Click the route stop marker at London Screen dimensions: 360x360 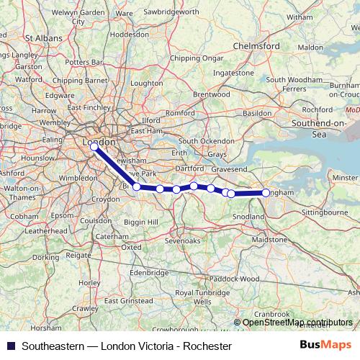[94, 146]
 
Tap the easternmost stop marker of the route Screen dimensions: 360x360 [266, 193]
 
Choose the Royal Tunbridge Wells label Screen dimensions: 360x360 [194, 297]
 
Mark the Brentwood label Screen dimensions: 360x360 [210, 94]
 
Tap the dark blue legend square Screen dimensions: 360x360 [10, 346]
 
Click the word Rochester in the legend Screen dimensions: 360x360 [209, 346]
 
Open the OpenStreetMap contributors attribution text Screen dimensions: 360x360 [298, 323]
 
